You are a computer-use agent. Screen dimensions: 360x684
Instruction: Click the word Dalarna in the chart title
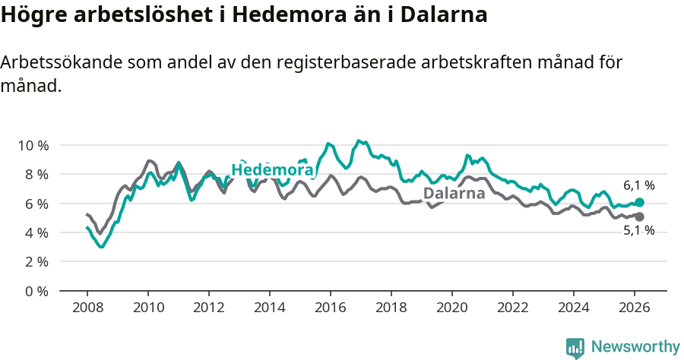[445, 16]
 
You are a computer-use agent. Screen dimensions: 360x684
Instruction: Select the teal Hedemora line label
[272, 170]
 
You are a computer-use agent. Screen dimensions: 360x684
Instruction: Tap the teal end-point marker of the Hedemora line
[639, 203]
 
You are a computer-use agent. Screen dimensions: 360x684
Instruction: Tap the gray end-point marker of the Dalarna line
[639, 217]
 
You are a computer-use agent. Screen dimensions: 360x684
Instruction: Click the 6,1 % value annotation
[638, 185]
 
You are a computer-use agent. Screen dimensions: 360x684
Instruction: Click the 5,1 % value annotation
[638, 231]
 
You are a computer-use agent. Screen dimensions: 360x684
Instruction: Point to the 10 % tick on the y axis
[33, 145]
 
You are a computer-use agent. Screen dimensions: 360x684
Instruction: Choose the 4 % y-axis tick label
[36, 232]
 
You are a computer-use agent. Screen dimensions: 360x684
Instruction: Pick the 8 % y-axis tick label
[36, 175]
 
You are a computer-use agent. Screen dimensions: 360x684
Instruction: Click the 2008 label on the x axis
[87, 308]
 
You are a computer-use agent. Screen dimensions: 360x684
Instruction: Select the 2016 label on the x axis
[331, 308]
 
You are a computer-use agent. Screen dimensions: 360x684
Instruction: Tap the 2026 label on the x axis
[635, 308]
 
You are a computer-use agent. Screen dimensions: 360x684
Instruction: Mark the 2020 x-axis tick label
[452, 308]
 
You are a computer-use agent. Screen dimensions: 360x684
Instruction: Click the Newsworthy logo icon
[575, 348]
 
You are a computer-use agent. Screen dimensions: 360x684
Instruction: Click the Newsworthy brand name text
[635, 347]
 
